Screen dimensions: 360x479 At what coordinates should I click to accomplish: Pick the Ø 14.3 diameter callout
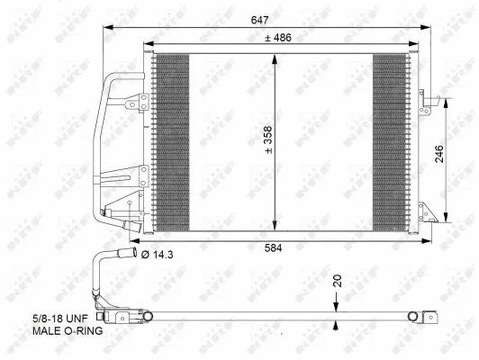pyautogui.click(x=158, y=256)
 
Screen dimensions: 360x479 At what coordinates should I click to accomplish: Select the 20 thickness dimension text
pyautogui.click(x=339, y=280)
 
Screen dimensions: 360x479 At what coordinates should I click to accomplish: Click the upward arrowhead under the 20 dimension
pyautogui.click(x=336, y=323)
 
